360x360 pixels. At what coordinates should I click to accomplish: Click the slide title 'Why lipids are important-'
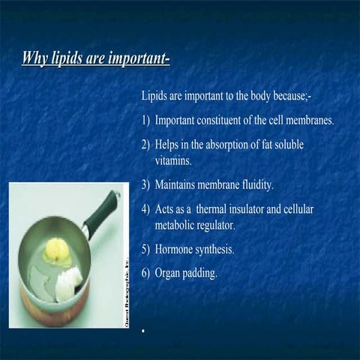95,58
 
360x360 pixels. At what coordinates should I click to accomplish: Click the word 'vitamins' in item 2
174,160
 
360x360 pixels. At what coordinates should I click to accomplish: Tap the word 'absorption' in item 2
221,144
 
